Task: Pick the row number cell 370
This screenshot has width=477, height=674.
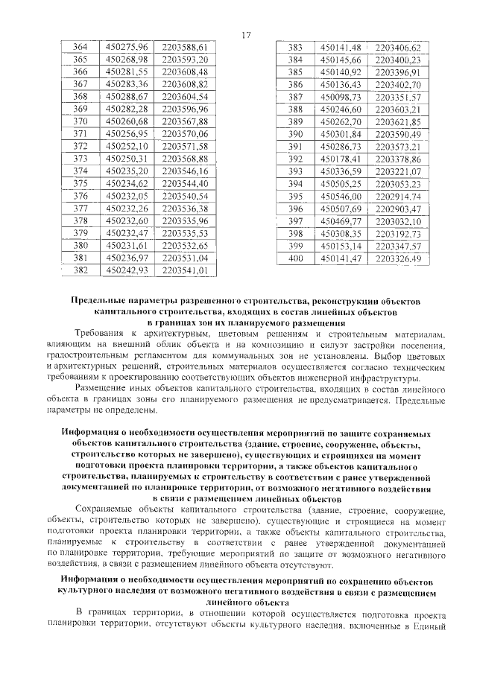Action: (80, 122)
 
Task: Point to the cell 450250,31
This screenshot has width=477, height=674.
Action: (127, 159)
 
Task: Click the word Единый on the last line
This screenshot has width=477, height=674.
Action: (430, 626)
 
